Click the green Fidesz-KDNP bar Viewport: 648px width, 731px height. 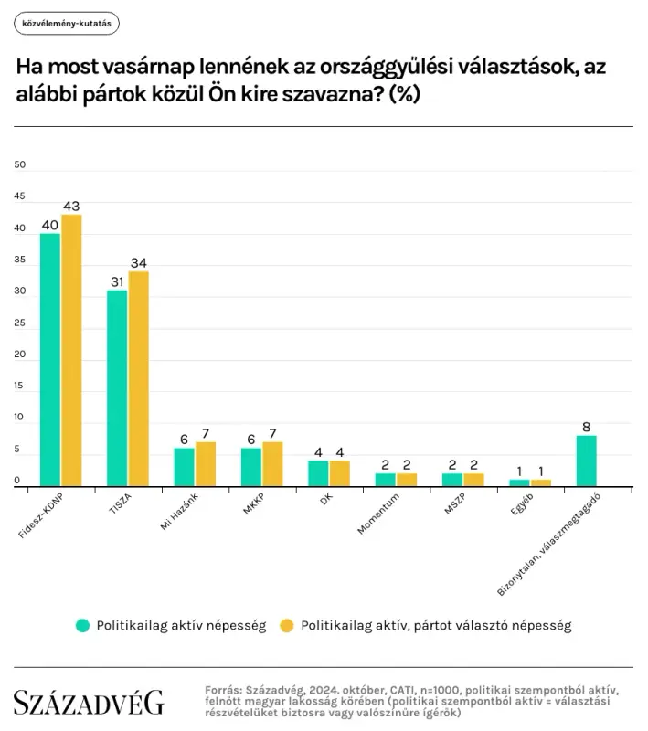[50, 360]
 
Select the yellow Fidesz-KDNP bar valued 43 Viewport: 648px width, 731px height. [71, 351]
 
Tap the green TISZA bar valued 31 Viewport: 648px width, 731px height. [117, 388]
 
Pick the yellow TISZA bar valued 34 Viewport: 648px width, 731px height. [139, 379]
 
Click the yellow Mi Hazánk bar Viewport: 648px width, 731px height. [206, 464]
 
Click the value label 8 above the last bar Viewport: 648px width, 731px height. [587, 426]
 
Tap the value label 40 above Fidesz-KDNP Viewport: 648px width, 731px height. [50, 224]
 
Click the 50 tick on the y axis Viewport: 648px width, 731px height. [21, 165]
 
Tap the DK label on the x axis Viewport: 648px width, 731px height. [324, 501]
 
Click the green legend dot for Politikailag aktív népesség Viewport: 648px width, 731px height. [83, 626]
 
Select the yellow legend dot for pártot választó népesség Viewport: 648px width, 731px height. [286, 626]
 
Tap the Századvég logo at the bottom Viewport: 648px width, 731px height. [89, 702]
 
